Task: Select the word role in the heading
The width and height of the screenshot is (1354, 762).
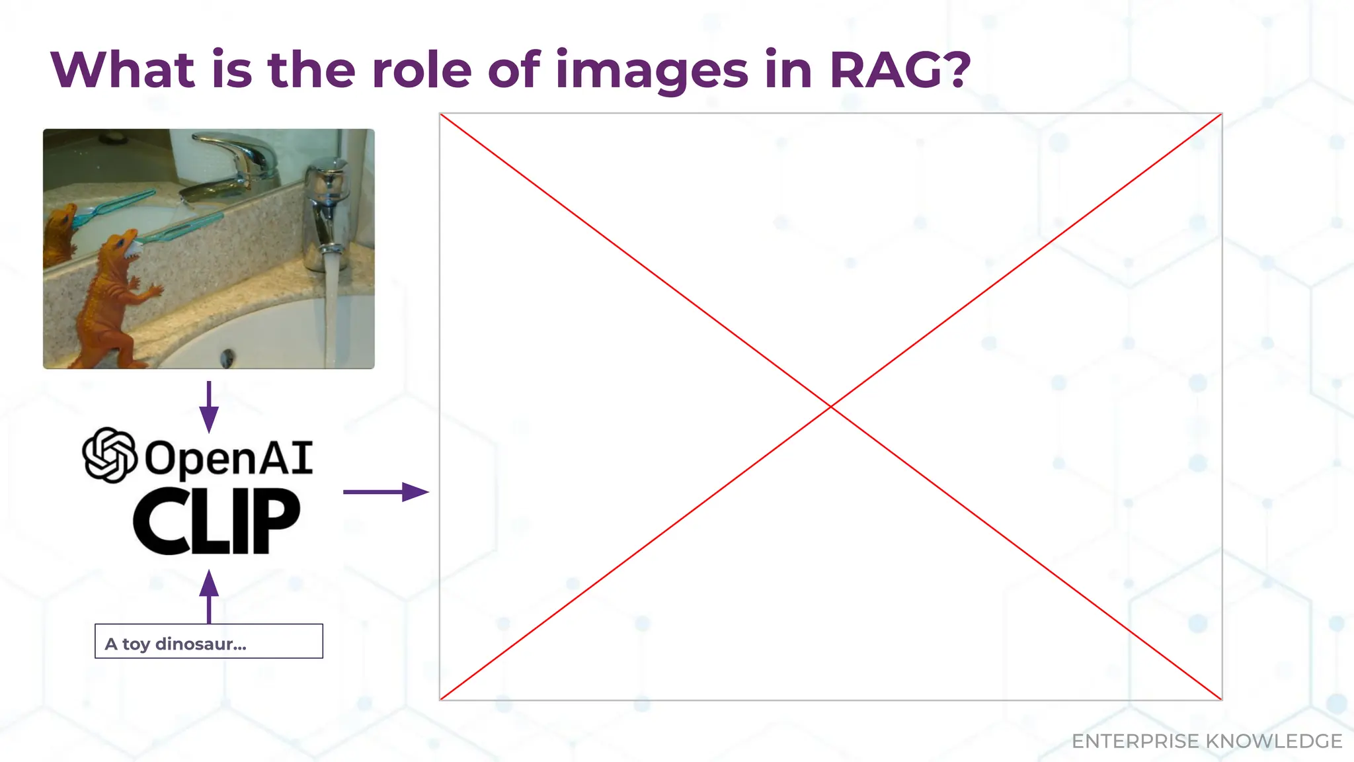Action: click(x=421, y=69)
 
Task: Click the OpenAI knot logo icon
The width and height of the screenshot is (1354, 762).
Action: click(x=109, y=455)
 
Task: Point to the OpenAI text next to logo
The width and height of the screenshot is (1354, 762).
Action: click(x=229, y=458)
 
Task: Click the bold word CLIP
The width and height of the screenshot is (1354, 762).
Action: click(x=217, y=521)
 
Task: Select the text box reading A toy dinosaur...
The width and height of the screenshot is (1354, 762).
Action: click(x=209, y=641)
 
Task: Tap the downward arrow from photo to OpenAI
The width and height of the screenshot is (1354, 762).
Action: click(x=209, y=407)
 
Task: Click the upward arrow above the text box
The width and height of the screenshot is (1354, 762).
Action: click(x=209, y=595)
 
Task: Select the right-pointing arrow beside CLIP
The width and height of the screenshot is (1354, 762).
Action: click(x=386, y=492)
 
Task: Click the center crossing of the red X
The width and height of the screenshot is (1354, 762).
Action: click(x=830, y=406)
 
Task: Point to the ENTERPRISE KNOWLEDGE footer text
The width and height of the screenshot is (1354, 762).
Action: click(x=1207, y=741)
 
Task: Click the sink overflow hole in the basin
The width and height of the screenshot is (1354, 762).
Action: click(x=227, y=358)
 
